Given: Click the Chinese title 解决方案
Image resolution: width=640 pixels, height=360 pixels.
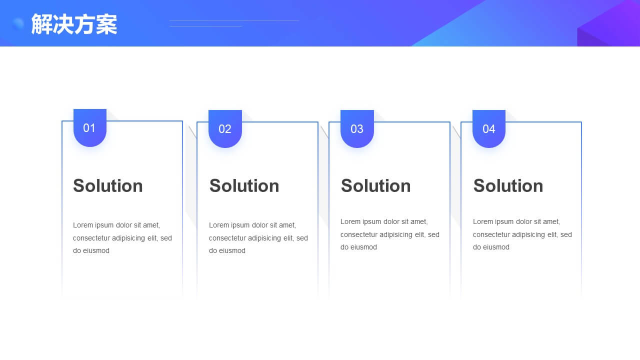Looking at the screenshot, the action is pos(74,24).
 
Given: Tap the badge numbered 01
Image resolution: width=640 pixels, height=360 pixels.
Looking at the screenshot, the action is pos(90,127).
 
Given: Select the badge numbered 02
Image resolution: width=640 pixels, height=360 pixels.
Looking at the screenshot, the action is pos(225,129).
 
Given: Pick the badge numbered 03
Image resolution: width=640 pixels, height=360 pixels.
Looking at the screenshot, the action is pos(357,129).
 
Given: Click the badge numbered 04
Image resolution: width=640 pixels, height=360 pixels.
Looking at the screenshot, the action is pos(489,129).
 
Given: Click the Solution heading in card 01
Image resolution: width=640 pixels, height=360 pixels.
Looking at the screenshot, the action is pos(107,186).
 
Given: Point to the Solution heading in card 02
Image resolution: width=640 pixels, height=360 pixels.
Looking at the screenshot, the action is pos(244,186).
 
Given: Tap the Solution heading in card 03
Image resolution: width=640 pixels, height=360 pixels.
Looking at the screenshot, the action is pos(375,186).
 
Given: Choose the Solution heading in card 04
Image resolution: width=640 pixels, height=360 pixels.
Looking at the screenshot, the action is pos(508,186).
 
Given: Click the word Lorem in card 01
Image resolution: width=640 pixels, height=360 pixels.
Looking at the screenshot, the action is pos(83,225).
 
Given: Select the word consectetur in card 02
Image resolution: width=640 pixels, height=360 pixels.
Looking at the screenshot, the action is pos(227,238).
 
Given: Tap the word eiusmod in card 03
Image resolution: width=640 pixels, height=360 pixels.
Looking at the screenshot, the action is pos(363,247).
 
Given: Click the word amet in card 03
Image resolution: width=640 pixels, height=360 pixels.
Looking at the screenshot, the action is pos(418,221).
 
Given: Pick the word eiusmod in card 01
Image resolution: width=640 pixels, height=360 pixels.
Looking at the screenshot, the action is pos(96,250).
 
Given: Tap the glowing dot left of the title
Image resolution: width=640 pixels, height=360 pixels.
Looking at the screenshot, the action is pos(18,23).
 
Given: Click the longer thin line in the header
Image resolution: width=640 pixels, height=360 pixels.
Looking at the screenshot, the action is pos(234,21).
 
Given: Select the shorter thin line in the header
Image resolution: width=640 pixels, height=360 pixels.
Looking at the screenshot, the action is pos(205,26).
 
